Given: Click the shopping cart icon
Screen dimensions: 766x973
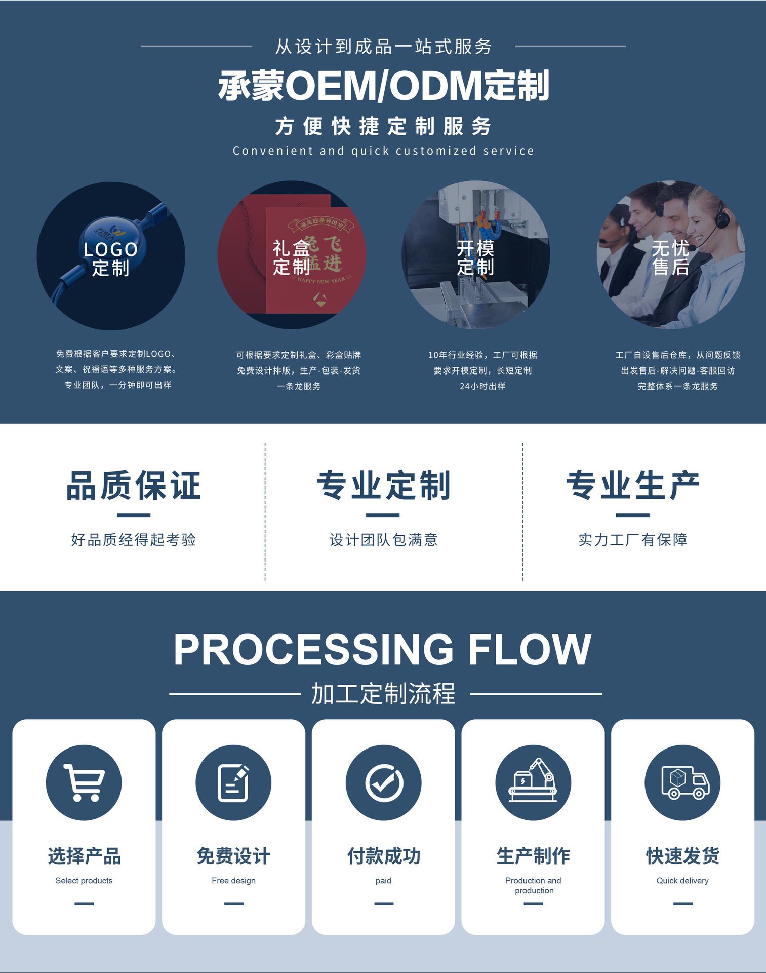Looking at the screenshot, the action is pos(84,782).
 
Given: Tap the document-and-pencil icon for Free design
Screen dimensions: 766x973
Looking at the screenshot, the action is pos(233,782).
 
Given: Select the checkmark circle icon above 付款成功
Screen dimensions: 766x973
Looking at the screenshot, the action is pos(384,782).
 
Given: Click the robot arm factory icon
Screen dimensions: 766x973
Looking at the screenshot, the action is pos(533,782).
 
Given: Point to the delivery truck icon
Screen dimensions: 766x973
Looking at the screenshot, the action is pos(682,782).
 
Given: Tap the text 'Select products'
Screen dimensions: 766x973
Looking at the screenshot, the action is pos(84,881).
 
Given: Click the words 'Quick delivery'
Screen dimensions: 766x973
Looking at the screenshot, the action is pos(682,881).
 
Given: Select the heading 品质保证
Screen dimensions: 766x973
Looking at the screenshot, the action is pos(134,485).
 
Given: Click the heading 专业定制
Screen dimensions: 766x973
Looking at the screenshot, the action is pos(383,485).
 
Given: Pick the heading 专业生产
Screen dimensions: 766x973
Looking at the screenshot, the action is pos(633,485).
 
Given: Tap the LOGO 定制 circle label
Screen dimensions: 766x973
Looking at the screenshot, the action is pos(111,258).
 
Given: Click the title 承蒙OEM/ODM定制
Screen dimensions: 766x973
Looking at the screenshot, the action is pos(383,85).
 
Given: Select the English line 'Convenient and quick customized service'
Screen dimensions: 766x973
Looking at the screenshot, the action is pos(383,151).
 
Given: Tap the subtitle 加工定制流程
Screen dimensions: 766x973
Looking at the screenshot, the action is pos(383,694).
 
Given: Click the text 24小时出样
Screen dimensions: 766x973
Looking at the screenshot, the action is pos(482,386).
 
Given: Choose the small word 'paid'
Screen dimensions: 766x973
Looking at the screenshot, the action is pos(383,881).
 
